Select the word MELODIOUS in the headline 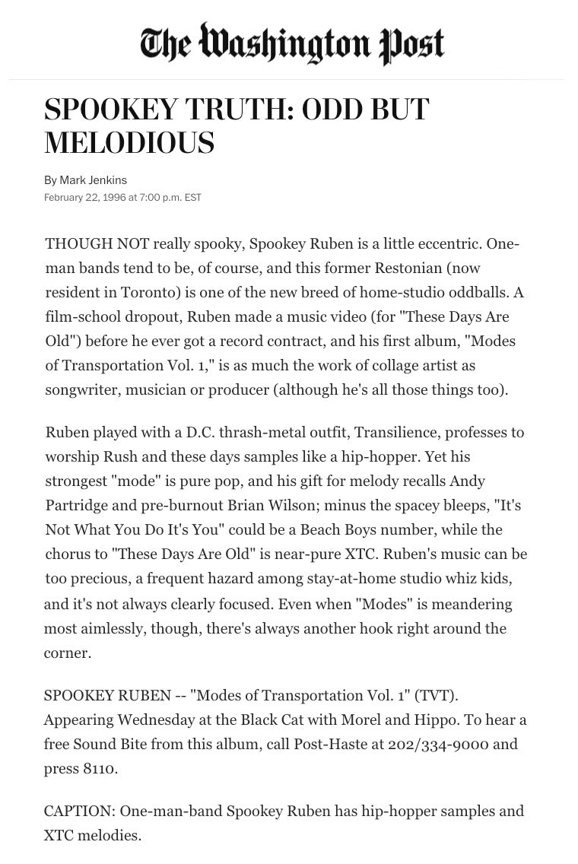pyautogui.click(x=129, y=143)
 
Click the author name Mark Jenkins pyautogui.click(x=94, y=180)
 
